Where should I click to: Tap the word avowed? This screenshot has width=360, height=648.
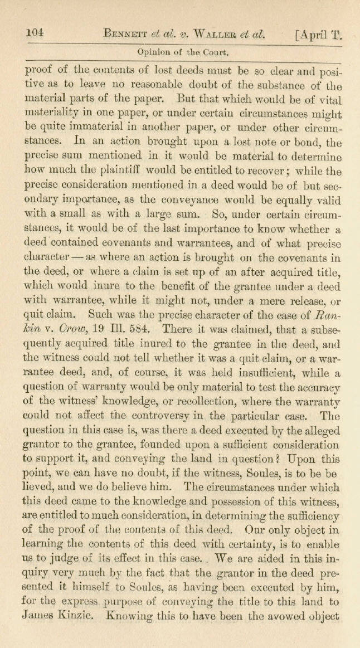(273, 614)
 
